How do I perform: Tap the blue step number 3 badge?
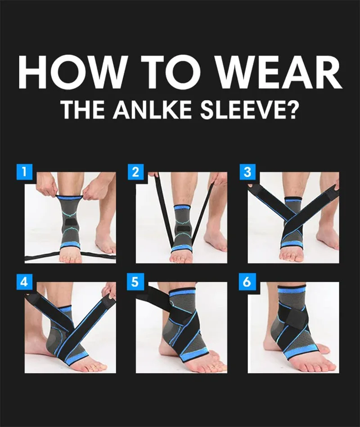pos(247,172)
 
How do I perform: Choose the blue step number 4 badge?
pos(23,282)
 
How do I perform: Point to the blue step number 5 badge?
pos(135,282)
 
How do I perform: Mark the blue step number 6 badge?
pos(247,282)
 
